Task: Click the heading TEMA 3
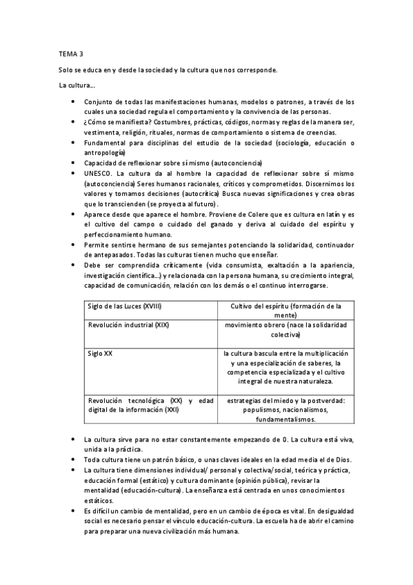pyautogui.click(x=70, y=52)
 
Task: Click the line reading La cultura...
pyautogui.click(x=77, y=85)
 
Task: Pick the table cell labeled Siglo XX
pyautogui.click(x=100, y=353)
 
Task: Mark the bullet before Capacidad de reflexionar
pyautogui.click(x=73, y=163)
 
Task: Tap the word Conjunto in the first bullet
pyautogui.click(x=100, y=101)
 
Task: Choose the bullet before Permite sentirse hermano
pyautogui.click(x=73, y=245)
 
